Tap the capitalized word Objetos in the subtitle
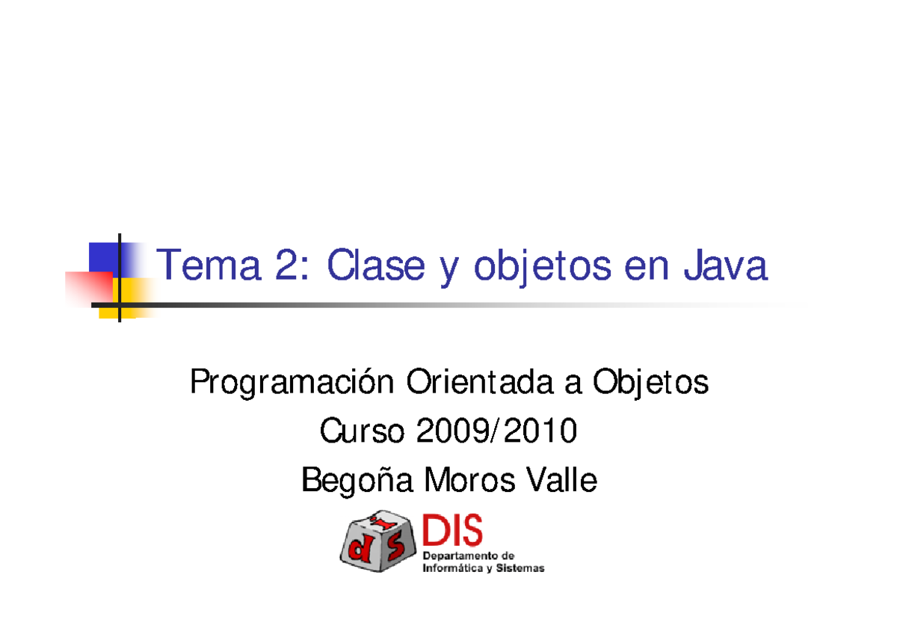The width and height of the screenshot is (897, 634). coord(650,384)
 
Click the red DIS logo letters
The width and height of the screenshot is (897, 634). coord(453,531)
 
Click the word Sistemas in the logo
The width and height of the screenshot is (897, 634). coord(521,568)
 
